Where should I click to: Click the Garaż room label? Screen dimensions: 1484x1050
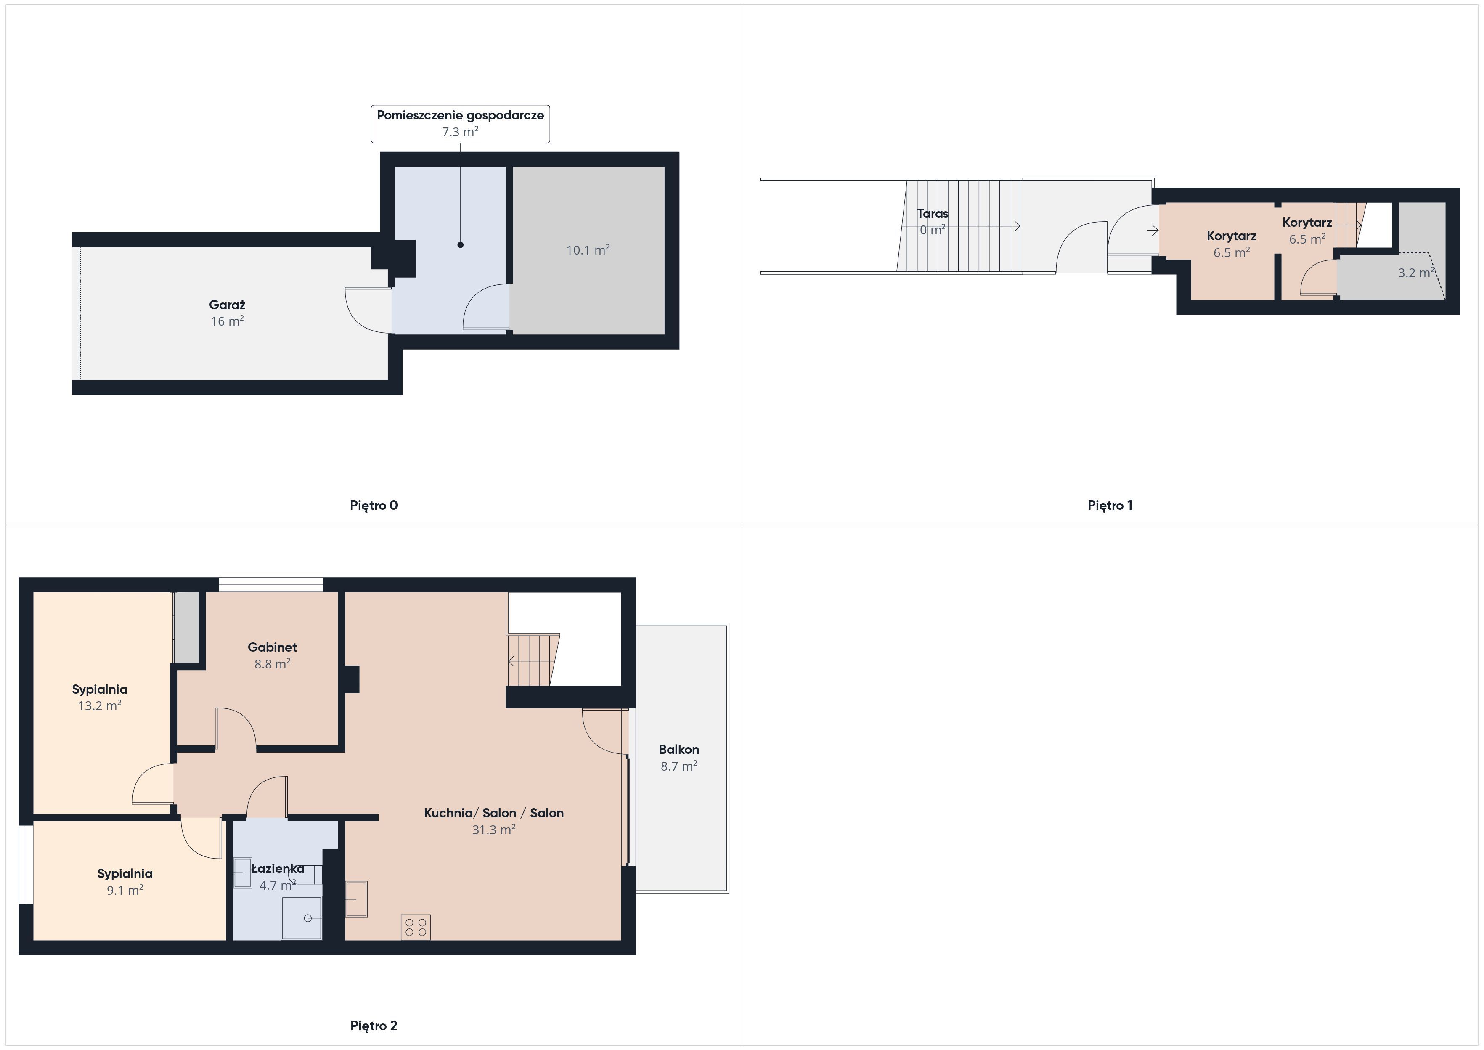(x=227, y=305)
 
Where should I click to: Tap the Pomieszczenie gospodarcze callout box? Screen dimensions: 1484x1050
(x=460, y=124)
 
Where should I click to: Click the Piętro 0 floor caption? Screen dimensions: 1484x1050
(x=374, y=506)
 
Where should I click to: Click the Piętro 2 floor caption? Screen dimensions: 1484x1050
(x=374, y=1026)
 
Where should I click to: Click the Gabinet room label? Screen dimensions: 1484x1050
(x=272, y=647)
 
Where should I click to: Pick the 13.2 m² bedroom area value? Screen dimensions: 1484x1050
(x=100, y=705)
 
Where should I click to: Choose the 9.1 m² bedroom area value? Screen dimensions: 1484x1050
(x=125, y=890)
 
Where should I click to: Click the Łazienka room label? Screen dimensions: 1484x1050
(x=278, y=868)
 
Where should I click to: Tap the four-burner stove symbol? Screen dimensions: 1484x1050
(x=416, y=927)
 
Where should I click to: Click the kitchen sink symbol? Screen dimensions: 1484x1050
(x=356, y=899)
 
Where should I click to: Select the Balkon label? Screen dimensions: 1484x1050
(x=678, y=749)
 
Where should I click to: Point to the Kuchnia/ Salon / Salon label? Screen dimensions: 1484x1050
(x=494, y=813)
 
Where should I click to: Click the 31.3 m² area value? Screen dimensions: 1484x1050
(x=494, y=830)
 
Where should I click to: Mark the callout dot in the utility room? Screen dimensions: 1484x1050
(x=460, y=245)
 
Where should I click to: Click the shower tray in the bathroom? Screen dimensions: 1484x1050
(x=301, y=918)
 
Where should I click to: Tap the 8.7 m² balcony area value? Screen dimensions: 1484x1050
(x=678, y=766)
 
